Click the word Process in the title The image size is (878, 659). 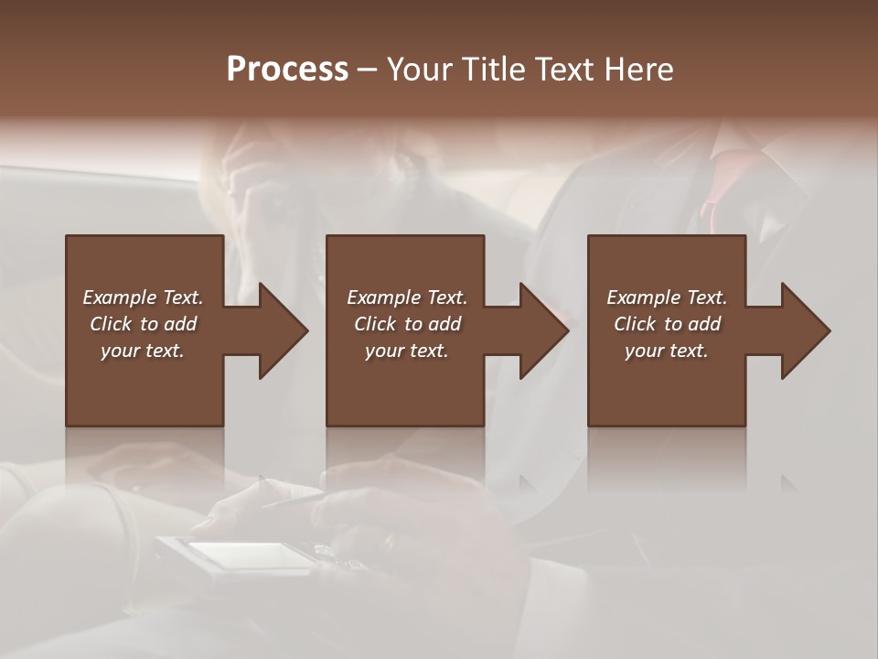pyautogui.click(x=287, y=70)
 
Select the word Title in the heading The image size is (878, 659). pyautogui.click(x=489, y=70)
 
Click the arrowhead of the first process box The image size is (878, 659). pyautogui.click(x=280, y=330)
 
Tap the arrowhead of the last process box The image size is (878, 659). pyautogui.click(x=803, y=330)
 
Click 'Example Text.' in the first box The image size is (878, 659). pyautogui.click(x=143, y=297)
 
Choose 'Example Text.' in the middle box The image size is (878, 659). pyautogui.click(x=407, y=297)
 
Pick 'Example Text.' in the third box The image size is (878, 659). pyautogui.click(x=667, y=297)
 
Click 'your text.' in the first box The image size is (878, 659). pyautogui.click(x=143, y=351)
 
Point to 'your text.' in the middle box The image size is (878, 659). pyautogui.click(x=407, y=351)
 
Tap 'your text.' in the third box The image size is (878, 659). pyautogui.click(x=667, y=351)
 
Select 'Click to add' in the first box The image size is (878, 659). pyautogui.click(x=143, y=324)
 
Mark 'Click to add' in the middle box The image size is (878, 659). pyautogui.click(x=407, y=324)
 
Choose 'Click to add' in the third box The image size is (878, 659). pyautogui.click(x=667, y=324)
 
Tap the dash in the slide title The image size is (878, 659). pyautogui.click(x=368, y=71)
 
